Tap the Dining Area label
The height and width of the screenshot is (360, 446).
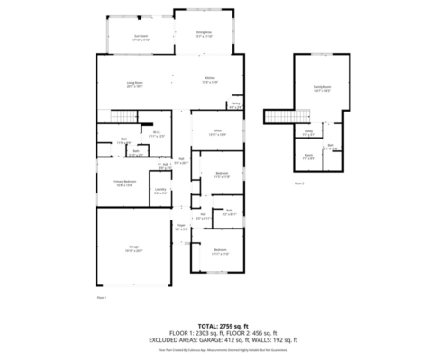coord(204,34)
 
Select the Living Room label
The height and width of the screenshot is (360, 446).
coord(135,84)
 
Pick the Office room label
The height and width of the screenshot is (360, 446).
coord(217,131)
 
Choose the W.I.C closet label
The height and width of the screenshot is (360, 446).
coord(156,134)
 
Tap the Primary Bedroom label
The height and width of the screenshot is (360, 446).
coord(125,183)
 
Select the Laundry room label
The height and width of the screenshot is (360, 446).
coord(159,191)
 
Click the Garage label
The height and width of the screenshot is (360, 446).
coord(132,249)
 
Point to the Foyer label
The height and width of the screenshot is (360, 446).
coord(180,229)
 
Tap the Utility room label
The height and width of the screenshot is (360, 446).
coord(308,132)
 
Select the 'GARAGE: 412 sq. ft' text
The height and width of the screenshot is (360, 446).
coord(234,338)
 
